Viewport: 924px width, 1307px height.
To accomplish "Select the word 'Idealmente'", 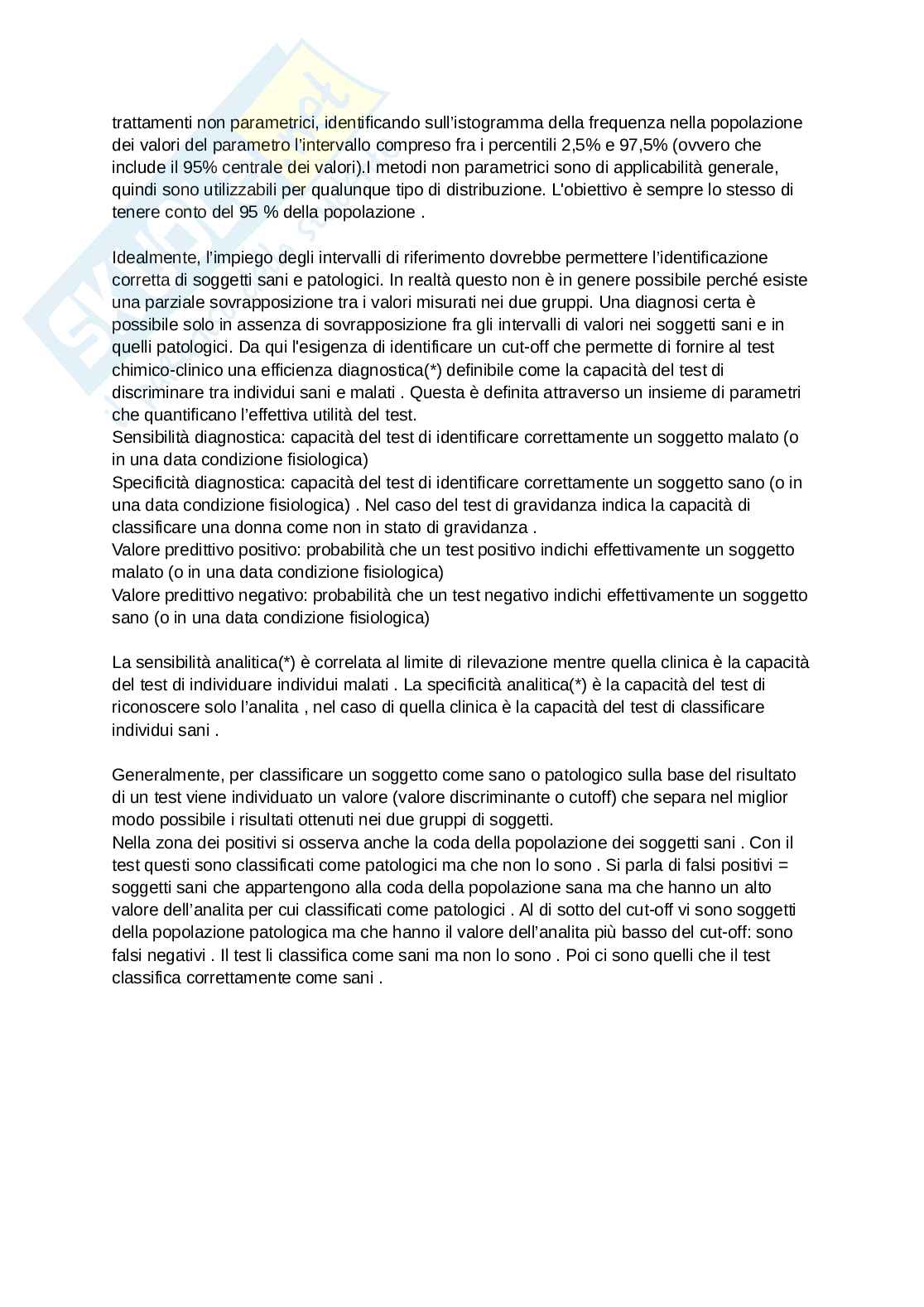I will click(155, 257).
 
